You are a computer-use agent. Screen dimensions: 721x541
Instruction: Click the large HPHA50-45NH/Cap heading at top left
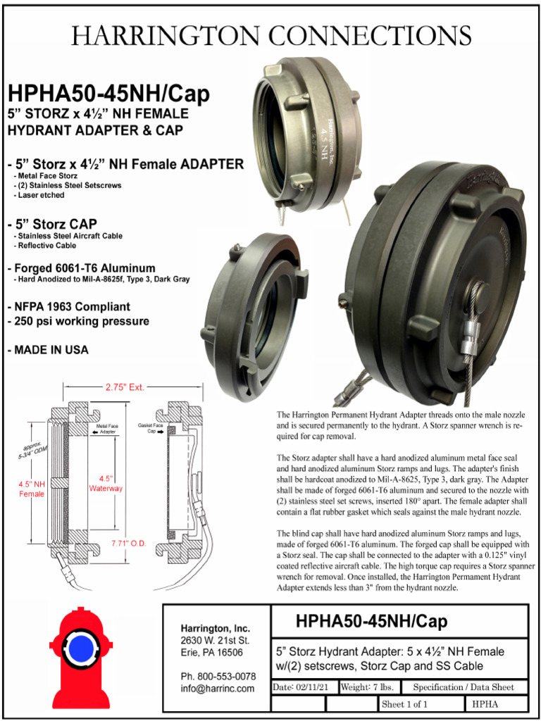[x=108, y=94]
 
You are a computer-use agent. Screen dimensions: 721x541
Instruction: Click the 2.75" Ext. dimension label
[x=125, y=387]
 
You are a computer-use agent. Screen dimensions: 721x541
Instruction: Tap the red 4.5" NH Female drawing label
[x=31, y=489]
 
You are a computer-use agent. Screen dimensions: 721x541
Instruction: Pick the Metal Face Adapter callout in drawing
[x=106, y=429]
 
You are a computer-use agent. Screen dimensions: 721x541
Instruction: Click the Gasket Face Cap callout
[x=151, y=429]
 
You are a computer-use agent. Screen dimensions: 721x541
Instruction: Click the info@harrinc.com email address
[x=217, y=688]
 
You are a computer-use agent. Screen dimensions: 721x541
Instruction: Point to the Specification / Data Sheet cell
[x=464, y=686]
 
